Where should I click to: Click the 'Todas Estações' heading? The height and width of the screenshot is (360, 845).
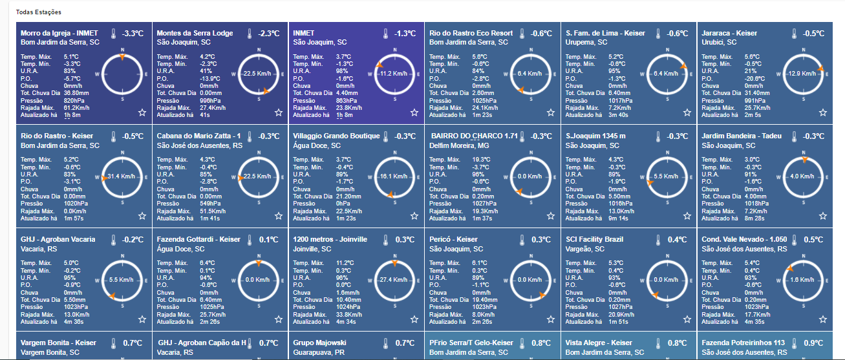[x=39, y=12]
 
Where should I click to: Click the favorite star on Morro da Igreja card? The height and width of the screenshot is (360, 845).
[x=142, y=112]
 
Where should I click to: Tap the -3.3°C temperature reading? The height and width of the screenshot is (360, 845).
[x=133, y=34]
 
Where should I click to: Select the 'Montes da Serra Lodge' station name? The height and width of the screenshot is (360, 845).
[x=195, y=33]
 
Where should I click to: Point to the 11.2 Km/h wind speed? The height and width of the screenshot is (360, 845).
[x=394, y=74]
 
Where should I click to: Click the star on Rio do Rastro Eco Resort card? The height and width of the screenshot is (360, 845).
[x=551, y=112]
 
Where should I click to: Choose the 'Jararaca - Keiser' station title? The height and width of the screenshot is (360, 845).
[x=729, y=33]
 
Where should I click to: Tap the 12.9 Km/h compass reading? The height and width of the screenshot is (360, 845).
[x=802, y=74]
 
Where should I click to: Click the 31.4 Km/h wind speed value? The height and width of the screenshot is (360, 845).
[x=122, y=176]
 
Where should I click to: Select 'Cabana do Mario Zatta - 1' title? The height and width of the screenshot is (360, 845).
[x=198, y=136]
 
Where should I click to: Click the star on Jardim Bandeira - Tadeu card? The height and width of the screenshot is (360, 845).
[x=823, y=216]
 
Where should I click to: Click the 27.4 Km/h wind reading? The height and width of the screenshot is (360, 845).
[x=394, y=280]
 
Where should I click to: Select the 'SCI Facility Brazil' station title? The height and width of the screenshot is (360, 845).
[x=594, y=239]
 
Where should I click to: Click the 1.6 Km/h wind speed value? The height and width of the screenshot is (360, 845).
[x=802, y=280]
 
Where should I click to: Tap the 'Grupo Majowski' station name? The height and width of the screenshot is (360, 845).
[x=319, y=343]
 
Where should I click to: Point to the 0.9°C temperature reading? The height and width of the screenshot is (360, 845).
[x=813, y=343]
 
